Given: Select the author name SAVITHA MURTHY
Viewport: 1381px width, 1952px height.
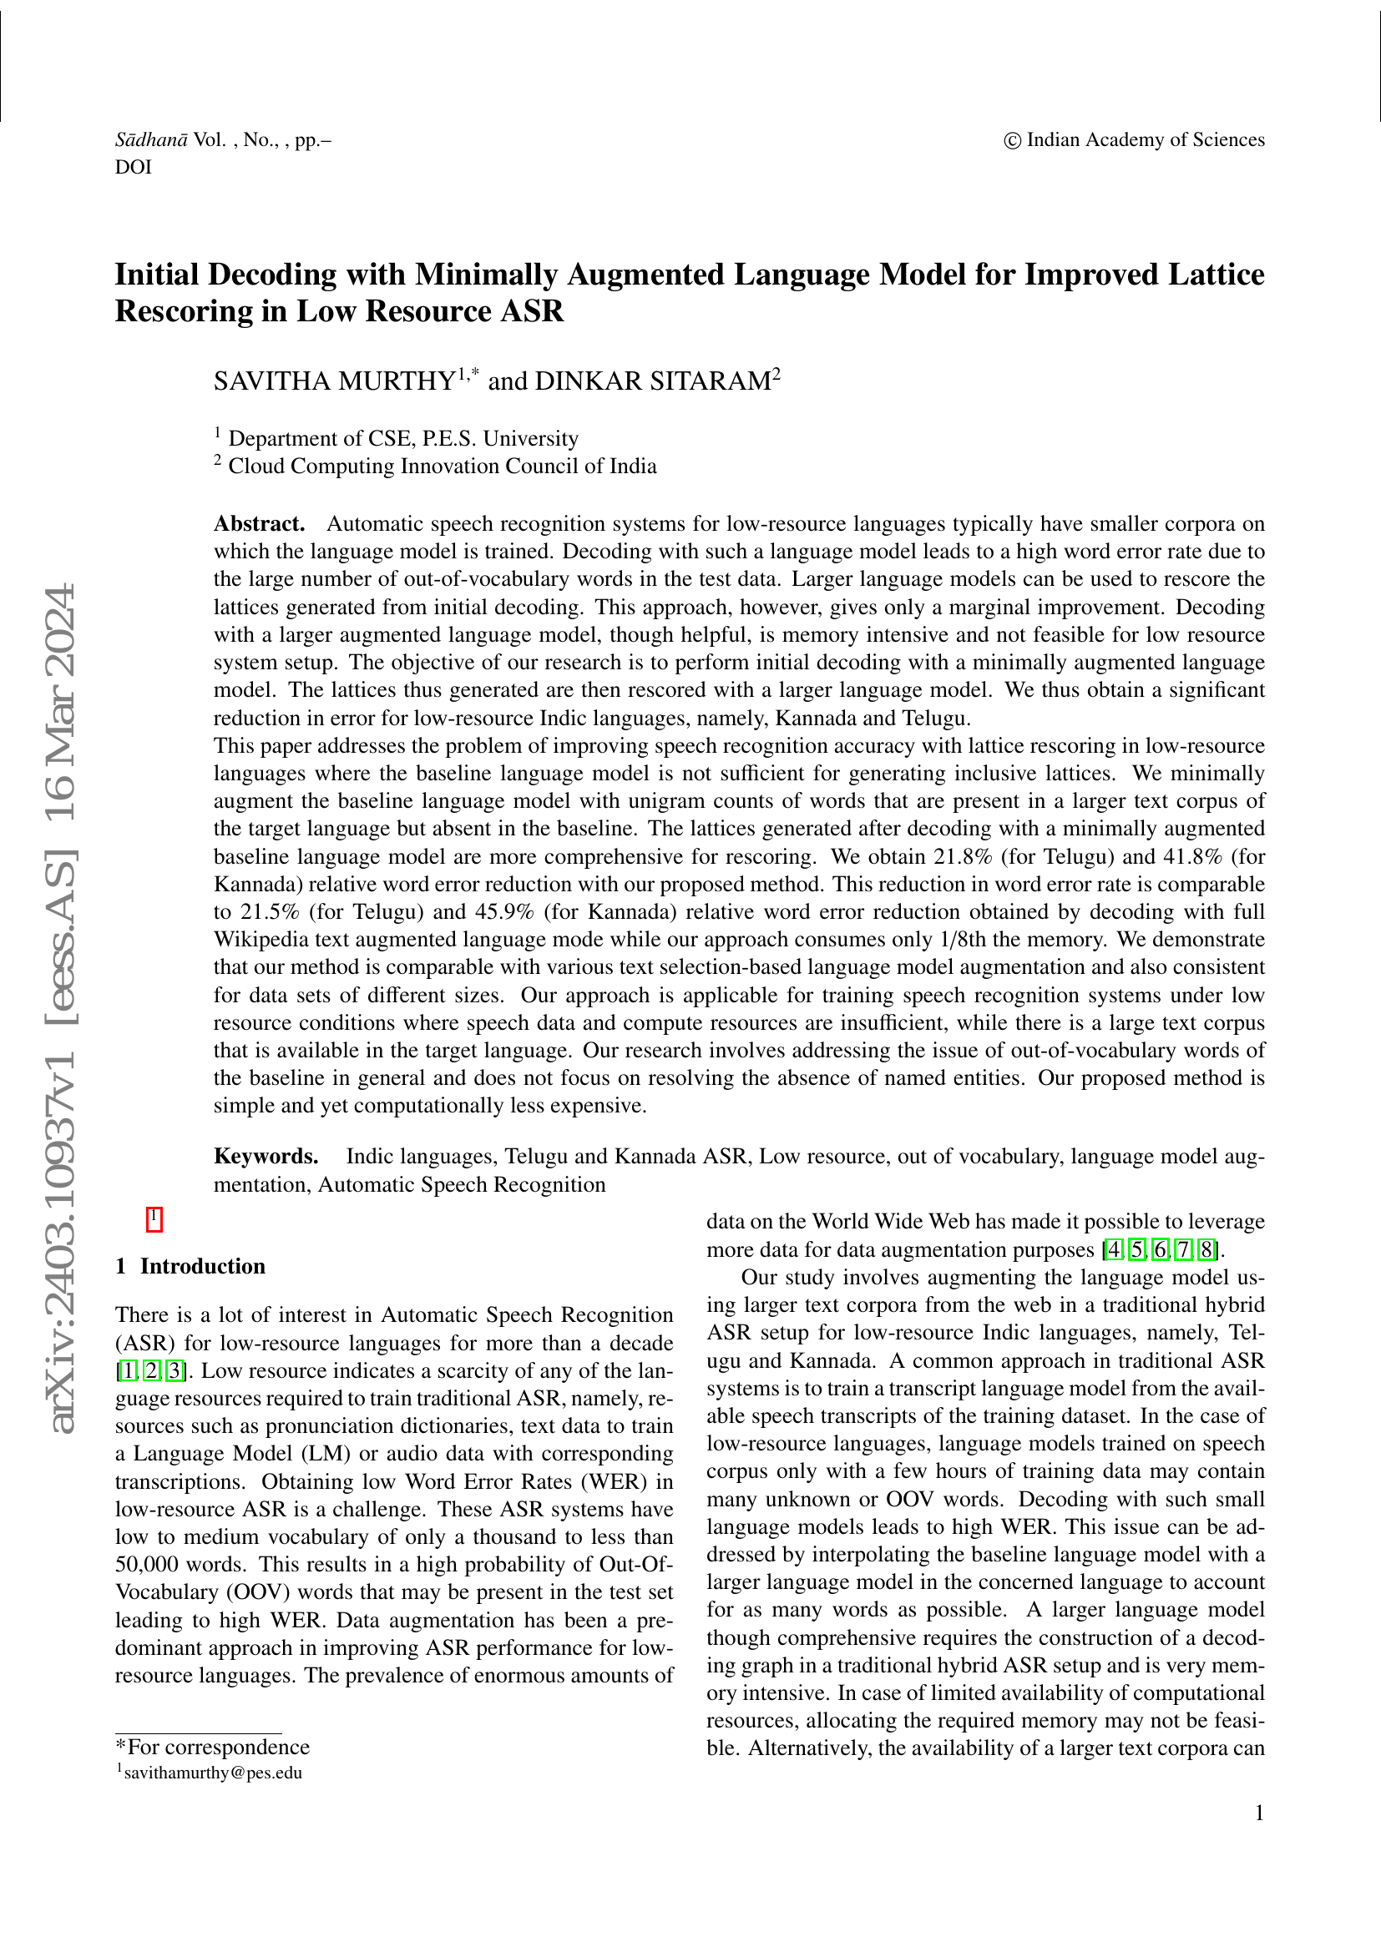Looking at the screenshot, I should pos(334,381).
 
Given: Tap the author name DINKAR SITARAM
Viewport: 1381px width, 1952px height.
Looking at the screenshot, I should pos(652,381).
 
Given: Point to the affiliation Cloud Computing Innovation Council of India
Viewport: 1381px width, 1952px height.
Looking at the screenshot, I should pos(443,466).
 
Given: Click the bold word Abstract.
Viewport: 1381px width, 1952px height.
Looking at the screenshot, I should pos(260,524).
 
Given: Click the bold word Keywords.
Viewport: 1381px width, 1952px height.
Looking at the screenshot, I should pos(266,1156).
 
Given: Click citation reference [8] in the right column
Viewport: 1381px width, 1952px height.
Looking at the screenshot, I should pos(1206,1250).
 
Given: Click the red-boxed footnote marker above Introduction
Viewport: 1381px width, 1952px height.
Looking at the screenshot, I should pos(154,1219).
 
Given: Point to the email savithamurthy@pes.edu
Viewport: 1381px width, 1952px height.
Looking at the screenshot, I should pos(213,1773).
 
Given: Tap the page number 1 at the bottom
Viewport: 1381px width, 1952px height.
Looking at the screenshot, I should pos(1259,1813).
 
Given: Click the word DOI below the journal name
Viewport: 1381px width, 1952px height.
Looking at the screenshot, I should pos(134,168).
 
